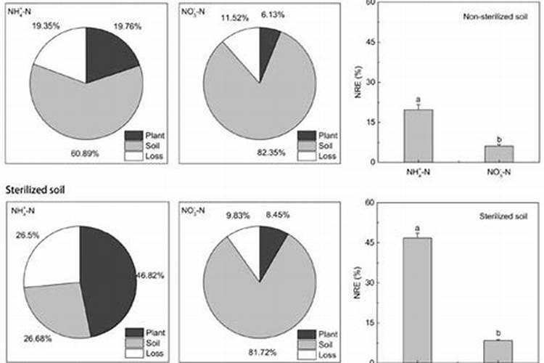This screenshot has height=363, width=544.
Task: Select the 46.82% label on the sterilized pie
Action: click(150, 276)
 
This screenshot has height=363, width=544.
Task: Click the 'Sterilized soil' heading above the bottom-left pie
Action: click(36, 189)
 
